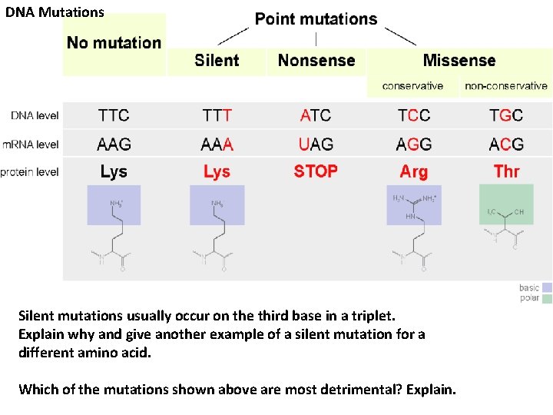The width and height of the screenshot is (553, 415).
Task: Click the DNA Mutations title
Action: (x=55, y=12)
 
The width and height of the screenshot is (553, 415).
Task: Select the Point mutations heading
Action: (x=316, y=19)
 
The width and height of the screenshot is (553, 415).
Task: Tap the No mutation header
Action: (x=114, y=43)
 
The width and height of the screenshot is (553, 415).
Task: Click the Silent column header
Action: (x=217, y=60)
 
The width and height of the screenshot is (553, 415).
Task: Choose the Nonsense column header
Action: (x=316, y=60)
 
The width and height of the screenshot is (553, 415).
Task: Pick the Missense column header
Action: (x=459, y=60)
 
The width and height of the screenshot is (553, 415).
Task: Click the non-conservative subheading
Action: (x=506, y=86)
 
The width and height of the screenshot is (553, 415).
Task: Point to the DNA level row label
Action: (x=35, y=116)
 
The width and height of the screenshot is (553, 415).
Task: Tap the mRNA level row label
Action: (x=30, y=144)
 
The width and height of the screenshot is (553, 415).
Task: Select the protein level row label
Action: (x=29, y=172)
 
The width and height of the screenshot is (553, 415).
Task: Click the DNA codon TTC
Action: (x=114, y=116)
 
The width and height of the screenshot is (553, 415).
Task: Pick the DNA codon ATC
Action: (x=316, y=116)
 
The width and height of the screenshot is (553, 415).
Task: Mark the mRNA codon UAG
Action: (x=316, y=144)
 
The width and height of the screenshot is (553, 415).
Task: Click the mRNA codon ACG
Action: (x=506, y=144)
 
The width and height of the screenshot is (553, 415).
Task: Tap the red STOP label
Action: (x=316, y=171)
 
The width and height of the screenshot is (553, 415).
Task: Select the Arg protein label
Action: (x=414, y=171)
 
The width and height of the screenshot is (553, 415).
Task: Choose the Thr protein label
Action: (x=506, y=171)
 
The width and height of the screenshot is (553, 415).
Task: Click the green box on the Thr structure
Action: (x=506, y=204)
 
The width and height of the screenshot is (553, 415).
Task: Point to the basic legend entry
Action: (x=530, y=288)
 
